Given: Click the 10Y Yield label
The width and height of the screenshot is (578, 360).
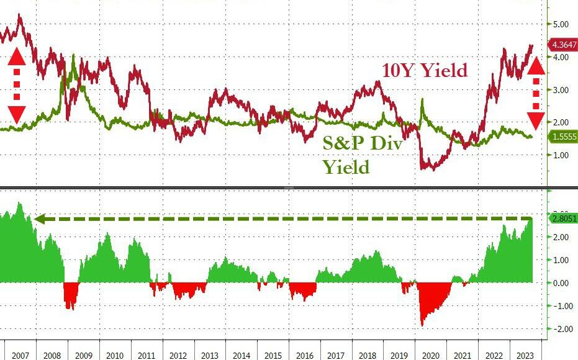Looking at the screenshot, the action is pos(425,70).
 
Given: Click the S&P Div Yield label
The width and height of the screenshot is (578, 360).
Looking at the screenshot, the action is pos(363,155).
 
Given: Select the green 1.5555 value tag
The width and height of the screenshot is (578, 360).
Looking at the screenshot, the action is pos(564,137).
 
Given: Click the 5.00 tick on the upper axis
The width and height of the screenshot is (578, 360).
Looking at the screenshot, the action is pos(560,24).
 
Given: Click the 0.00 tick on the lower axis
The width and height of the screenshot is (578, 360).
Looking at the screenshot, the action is pos(560,283).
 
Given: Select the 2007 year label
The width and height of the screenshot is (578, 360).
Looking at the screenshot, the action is pos(20,355).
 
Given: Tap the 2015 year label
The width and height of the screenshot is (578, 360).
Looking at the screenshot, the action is pos(273,355).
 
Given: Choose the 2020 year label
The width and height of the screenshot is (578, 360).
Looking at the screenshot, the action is pos(431,355).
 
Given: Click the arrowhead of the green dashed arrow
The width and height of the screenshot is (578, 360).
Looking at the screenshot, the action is pos(39,220).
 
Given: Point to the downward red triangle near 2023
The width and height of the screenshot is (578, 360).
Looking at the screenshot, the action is pos(536,121).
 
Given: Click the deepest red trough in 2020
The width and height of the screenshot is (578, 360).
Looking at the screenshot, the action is pos(422,325).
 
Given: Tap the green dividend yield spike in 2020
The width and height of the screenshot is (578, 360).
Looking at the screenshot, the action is pos(422,99).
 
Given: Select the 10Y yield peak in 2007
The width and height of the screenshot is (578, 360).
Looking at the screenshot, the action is pos(19,16).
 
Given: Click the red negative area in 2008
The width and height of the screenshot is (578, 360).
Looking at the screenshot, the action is pos(71,294).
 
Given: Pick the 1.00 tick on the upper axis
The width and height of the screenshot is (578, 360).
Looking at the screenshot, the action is pos(560,155).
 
